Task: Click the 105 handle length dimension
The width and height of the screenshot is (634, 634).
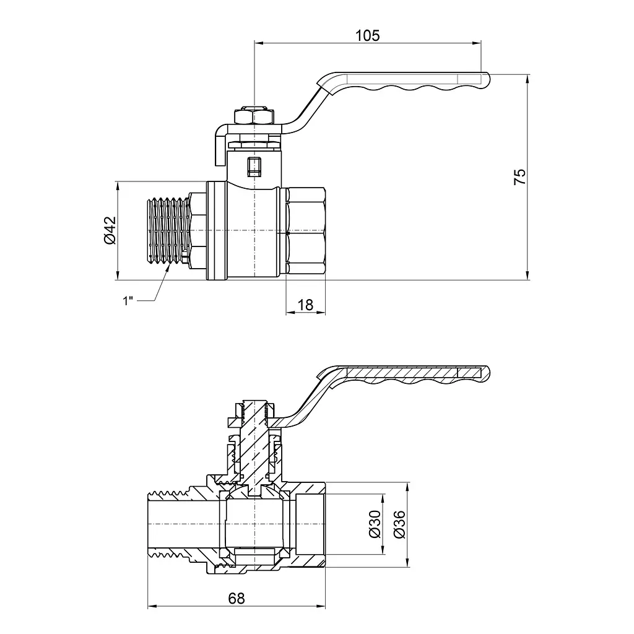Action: click(x=368, y=35)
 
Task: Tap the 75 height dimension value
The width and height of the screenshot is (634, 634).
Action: click(x=520, y=176)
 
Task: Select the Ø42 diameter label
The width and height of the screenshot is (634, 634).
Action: click(x=110, y=230)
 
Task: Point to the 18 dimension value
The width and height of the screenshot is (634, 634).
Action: click(x=305, y=305)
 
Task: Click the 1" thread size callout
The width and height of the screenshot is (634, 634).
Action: click(x=128, y=301)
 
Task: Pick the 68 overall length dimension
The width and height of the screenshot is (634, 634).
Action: click(x=237, y=598)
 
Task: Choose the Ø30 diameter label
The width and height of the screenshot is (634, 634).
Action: click(x=375, y=524)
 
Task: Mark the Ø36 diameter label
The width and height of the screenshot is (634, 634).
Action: click(x=399, y=524)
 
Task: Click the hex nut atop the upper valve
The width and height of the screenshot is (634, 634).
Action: click(x=254, y=116)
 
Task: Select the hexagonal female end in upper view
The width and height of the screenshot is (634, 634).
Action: click(x=305, y=230)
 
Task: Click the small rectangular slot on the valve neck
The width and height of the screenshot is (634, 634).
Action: click(x=254, y=167)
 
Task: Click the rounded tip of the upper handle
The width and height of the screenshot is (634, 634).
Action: click(x=487, y=79)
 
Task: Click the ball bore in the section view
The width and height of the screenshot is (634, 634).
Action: click(x=254, y=524)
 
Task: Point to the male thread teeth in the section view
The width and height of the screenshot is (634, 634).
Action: click(x=168, y=493)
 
